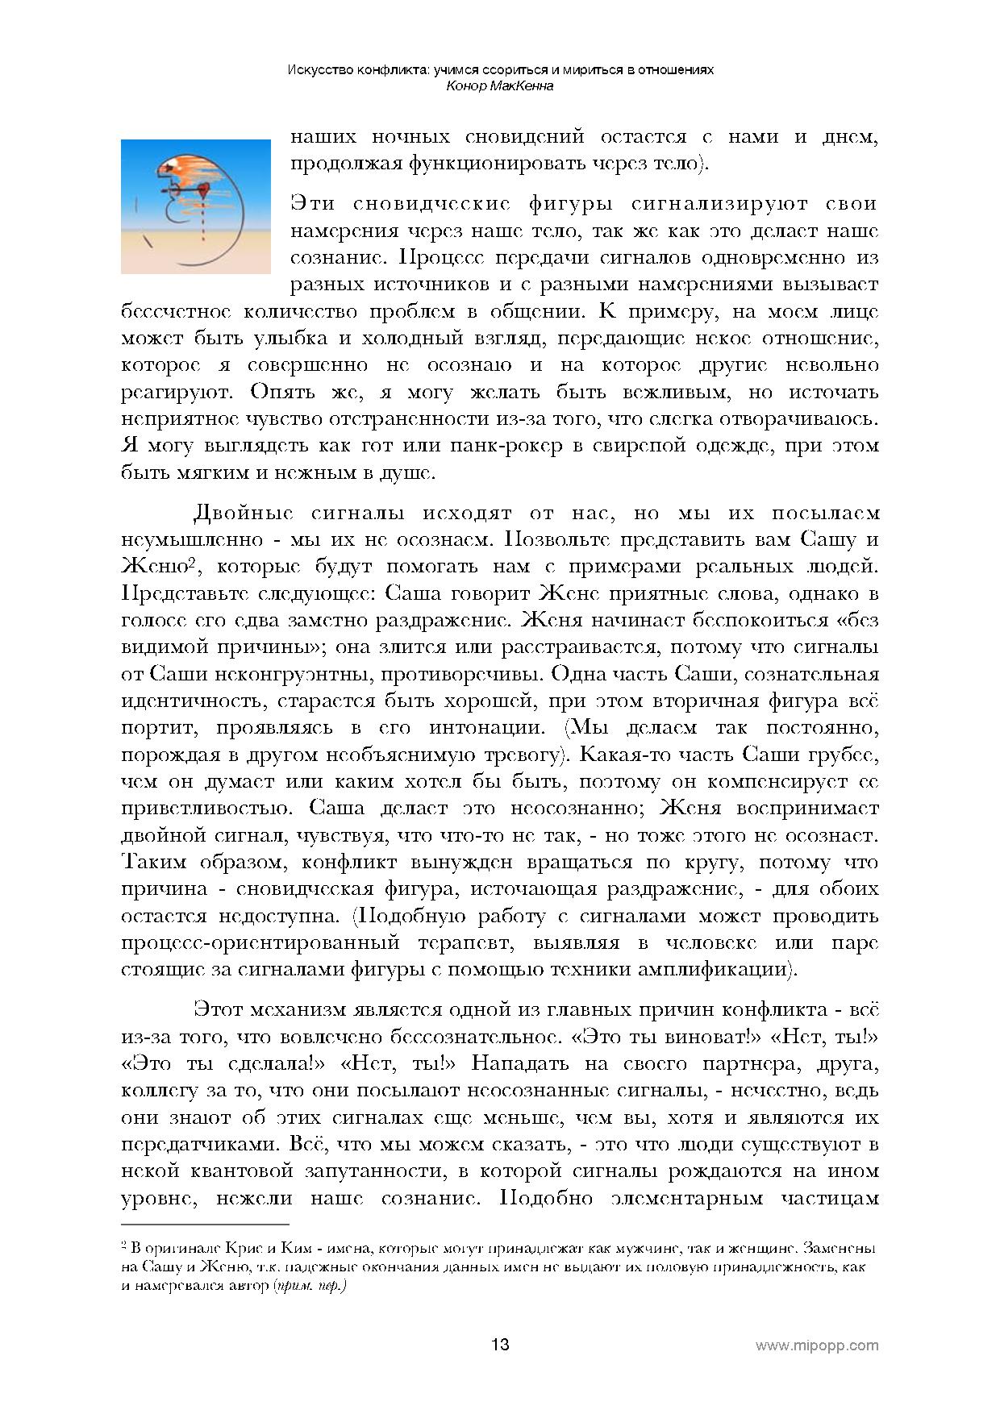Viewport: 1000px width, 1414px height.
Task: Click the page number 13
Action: tap(500, 1345)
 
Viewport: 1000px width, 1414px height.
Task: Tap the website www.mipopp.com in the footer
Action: tap(816, 1345)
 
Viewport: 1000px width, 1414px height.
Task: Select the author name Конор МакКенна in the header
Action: tap(499, 85)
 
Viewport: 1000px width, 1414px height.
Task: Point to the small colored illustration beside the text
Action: tap(196, 206)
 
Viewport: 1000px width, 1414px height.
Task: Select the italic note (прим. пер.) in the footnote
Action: tap(310, 1286)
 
